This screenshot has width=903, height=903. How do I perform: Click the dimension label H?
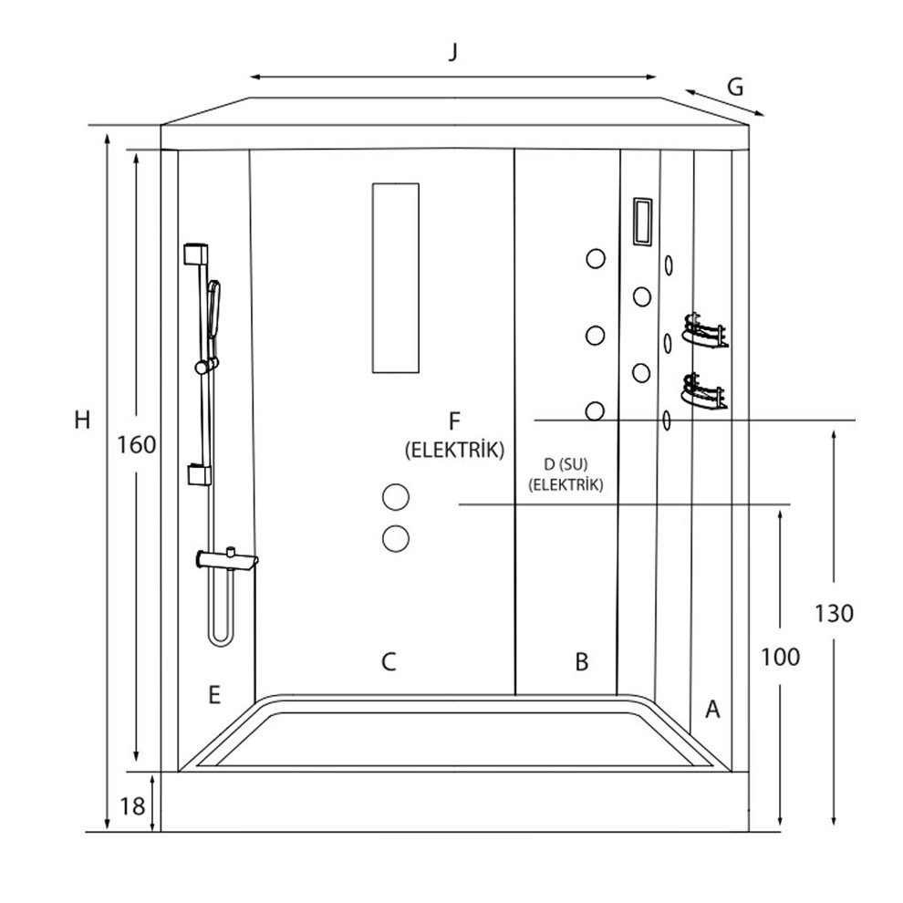coord(82,420)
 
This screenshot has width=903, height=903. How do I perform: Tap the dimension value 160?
coord(138,445)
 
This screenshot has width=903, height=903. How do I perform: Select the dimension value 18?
coord(132,806)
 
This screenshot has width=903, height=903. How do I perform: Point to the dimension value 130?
coord(836,613)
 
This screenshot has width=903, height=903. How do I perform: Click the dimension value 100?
coord(781,657)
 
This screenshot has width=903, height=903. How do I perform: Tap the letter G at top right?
coord(735,88)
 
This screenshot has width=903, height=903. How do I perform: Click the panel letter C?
coord(389,661)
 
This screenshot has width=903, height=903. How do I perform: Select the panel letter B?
coord(582,661)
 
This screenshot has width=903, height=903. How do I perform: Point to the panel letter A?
coord(713,708)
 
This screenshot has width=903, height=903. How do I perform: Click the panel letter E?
coord(213,696)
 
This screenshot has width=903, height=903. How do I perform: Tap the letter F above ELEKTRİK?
coord(454,421)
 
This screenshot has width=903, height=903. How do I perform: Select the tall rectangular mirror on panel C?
coord(395,277)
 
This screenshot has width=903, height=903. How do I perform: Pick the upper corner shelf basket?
coord(705,330)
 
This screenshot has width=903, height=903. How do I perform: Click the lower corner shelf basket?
coord(705,391)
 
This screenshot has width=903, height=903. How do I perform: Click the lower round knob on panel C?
coord(396,537)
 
